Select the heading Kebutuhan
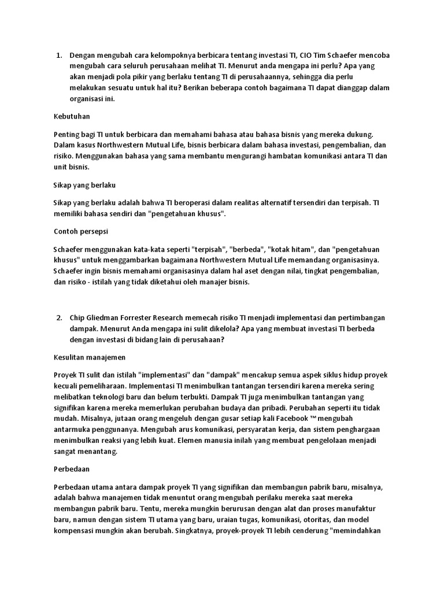(72, 116)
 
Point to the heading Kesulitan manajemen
(89, 357)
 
